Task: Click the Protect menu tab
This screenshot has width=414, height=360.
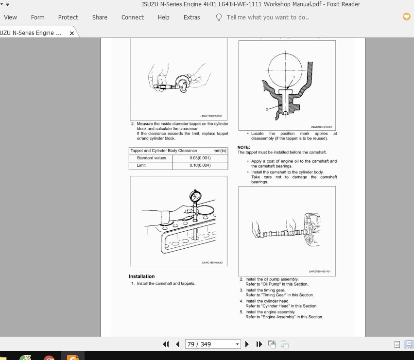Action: click(x=68, y=17)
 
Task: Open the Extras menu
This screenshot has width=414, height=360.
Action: click(x=191, y=17)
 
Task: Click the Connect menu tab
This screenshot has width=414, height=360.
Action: click(x=133, y=17)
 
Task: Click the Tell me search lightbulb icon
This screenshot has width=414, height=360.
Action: click(x=219, y=17)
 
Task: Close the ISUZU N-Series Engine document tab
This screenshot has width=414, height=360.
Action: click(x=72, y=34)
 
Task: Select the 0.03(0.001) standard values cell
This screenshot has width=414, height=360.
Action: click(x=200, y=158)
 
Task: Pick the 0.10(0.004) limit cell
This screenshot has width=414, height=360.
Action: click(x=200, y=165)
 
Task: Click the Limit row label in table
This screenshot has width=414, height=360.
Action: click(x=141, y=165)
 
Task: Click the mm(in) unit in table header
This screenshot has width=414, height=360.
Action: click(x=220, y=151)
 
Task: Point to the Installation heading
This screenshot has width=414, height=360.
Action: click(x=141, y=276)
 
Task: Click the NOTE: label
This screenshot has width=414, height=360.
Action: click(x=243, y=147)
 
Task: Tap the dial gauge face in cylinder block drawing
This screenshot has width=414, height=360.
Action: click(x=195, y=197)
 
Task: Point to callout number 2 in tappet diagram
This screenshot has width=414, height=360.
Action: click(x=267, y=109)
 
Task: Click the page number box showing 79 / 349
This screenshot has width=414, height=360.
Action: click(x=213, y=344)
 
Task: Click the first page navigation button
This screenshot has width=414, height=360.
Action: click(x=166, y=344)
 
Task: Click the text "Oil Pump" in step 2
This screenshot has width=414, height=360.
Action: click(x=273, y=284)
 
